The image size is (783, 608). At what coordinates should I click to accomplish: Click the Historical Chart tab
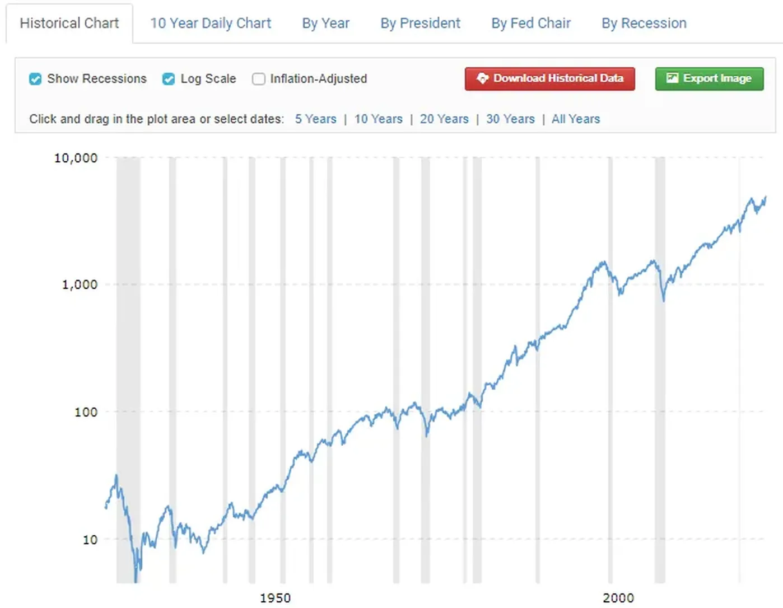pyautogui.click(x=69, y=24)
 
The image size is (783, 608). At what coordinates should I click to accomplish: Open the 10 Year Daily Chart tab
pyautogui.click(x=210, y=24)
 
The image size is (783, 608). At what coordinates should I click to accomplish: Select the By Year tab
pyautogui.click(x=325, y=24)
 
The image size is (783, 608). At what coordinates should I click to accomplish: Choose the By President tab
pyautogui.click(x=420, y=24)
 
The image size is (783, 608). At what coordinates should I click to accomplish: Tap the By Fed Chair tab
pyautogui.click(x=530, y=24)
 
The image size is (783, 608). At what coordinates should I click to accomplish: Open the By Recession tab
pyautogui.click(x=644, y=24)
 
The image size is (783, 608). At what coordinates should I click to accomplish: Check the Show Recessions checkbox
pyautogui.click(x=35, y=79)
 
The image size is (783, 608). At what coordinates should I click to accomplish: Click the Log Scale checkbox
pyautogui.click(x=169, y=79)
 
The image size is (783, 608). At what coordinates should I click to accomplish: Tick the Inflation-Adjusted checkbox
pyautogui.click(x=258, y=79)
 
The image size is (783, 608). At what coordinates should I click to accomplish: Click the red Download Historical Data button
pyautogui.click(x=549, y=79)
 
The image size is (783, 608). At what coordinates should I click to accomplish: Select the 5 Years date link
pyautogui.click(x=315, y=119)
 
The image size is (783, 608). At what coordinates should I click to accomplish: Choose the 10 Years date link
pyautogui.click(x=378, y=119)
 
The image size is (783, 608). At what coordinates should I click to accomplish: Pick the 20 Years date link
pyautogui.click(x=444, y=119)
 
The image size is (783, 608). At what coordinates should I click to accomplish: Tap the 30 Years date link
pyautogui.click(x=510, y=119)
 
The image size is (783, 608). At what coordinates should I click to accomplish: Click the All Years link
pyautogui.click(x=575, y=119)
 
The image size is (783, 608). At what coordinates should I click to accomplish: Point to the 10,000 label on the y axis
pyautogui.click(x=76, y=158)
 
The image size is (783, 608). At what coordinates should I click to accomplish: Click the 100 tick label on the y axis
pyautogui.click(x=86, y=412)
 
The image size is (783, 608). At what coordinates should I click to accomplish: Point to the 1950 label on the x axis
pyautogui.click(x=275, y=598)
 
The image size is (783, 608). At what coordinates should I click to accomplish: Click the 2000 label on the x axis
pyautogui.click(x=618, y=598)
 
